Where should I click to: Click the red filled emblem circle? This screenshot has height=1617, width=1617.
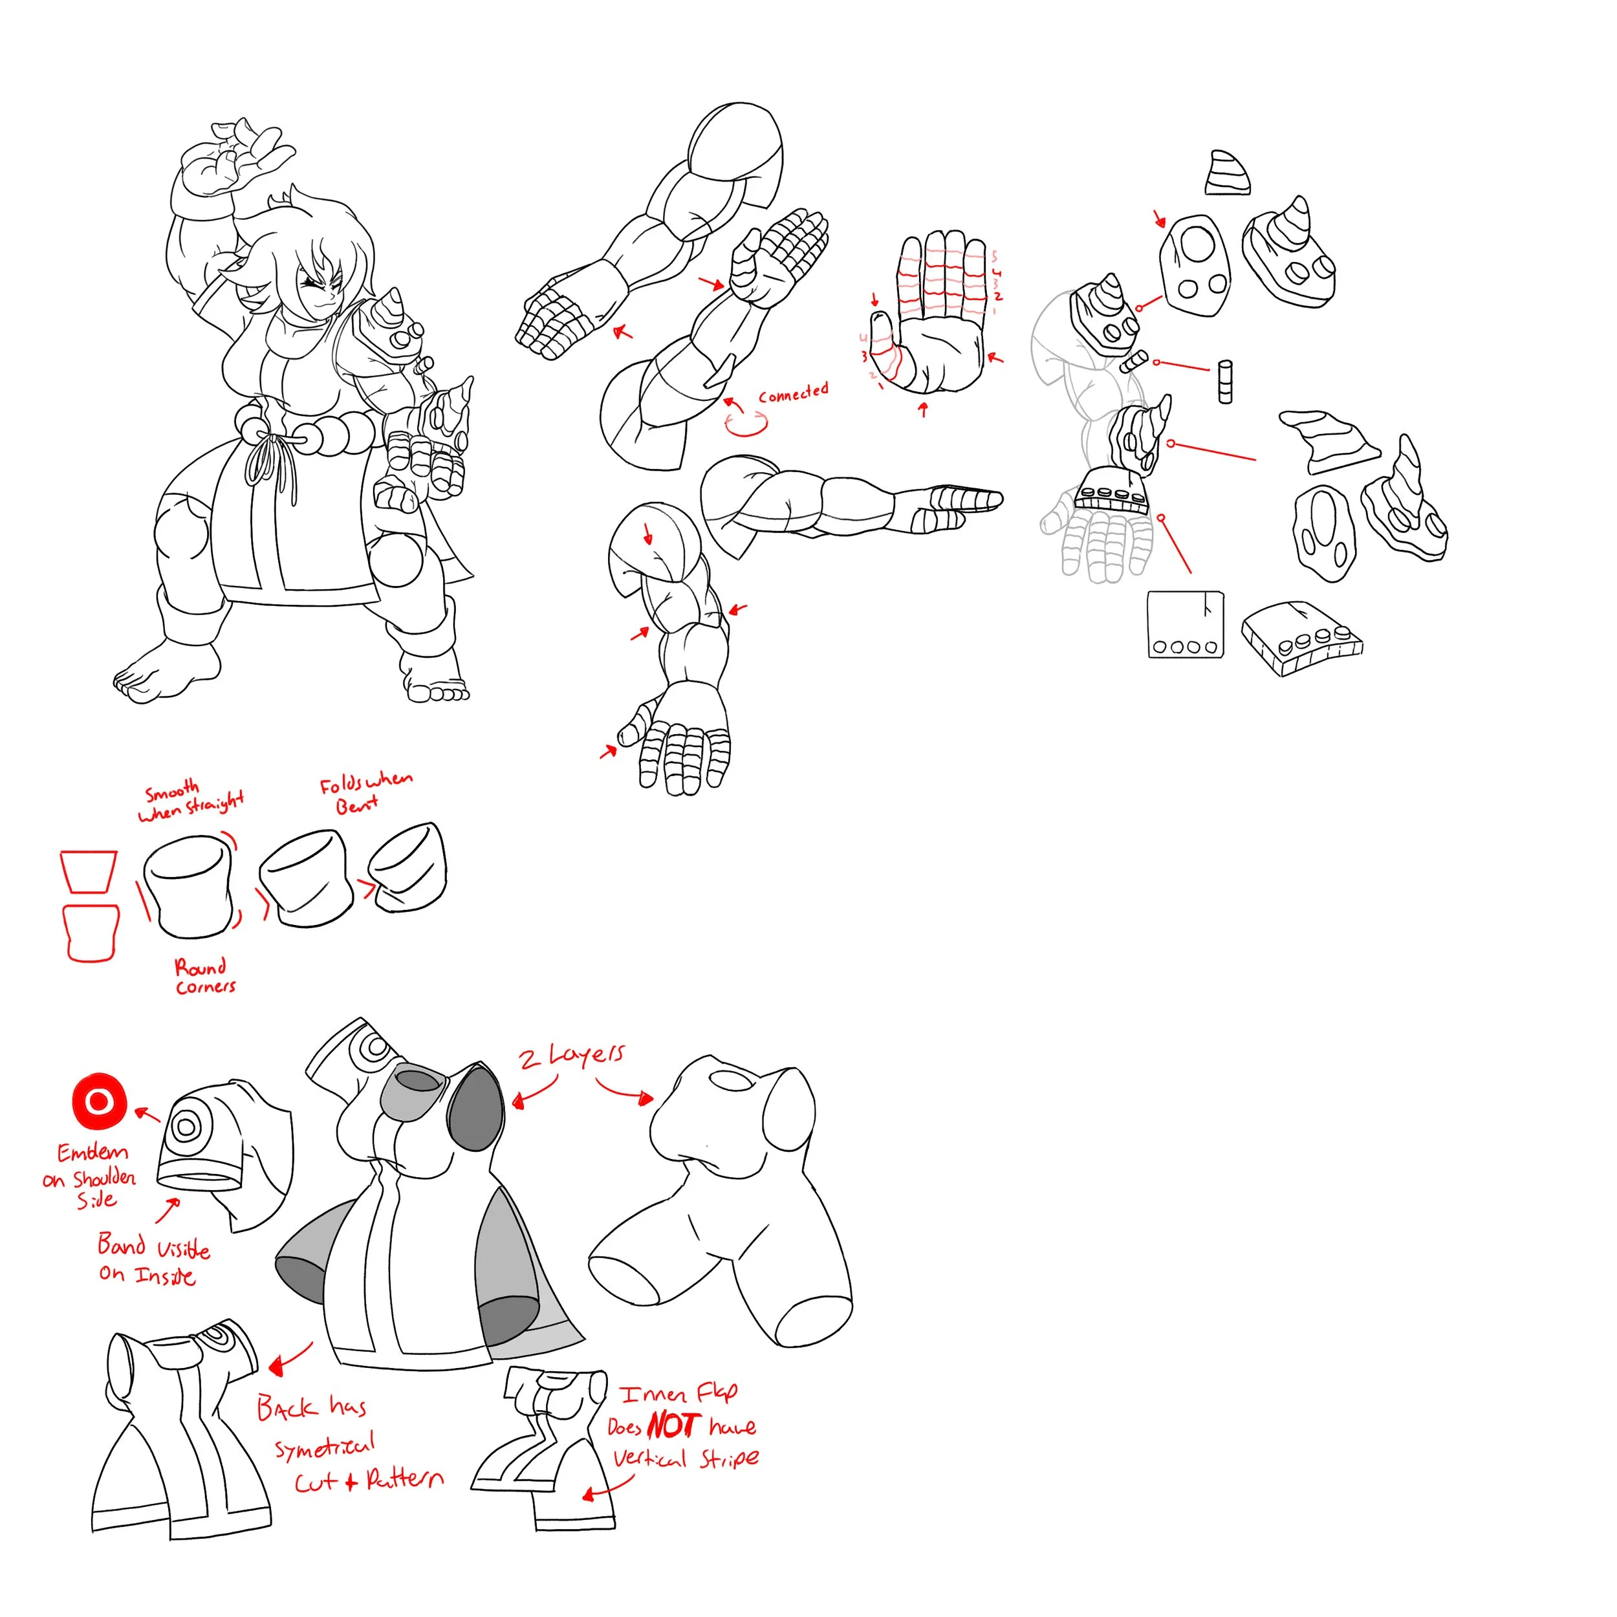[x=99, y=1102]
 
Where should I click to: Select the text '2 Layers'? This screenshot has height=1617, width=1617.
[x=572, y=1056]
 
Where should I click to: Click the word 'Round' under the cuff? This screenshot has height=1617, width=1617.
[x=200, y=968]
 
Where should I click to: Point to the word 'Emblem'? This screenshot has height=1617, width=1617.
[x=92, y=1153]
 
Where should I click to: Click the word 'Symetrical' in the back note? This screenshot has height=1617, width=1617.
[x=325, y=1446]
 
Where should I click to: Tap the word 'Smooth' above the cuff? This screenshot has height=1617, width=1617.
[x=171, y=790]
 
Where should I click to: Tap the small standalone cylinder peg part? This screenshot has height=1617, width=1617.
[x=1225, y=382]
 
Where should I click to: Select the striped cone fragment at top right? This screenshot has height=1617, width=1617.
[x=1227, y=173]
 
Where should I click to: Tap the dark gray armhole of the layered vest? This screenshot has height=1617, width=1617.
[x=475, y=1110]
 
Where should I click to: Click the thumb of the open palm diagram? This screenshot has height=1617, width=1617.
[x=884, y=343]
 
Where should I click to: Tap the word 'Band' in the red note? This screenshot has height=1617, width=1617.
[x=122, y=1244]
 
